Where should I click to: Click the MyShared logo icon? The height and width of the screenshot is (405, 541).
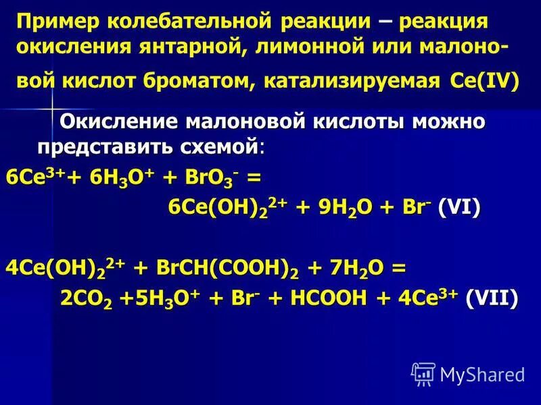tap(423, 373)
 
